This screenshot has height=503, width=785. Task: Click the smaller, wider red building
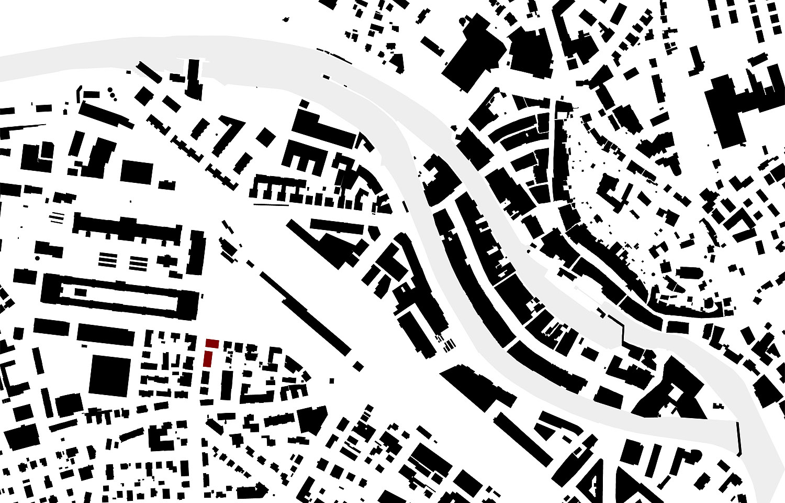click(212, 343)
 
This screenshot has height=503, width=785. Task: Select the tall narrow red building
click(208, 359)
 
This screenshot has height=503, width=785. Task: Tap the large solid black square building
click(109, 375)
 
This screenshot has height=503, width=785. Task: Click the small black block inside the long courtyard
click(81, 292)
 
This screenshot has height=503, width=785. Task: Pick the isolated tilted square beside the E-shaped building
click(265, 137)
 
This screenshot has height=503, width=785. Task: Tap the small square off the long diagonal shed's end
click(358, 365)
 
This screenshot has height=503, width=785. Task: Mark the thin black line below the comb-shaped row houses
click(272, 204)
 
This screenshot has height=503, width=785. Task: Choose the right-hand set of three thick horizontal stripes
click(139, 263)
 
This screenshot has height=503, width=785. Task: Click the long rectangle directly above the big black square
click(105, 334)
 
